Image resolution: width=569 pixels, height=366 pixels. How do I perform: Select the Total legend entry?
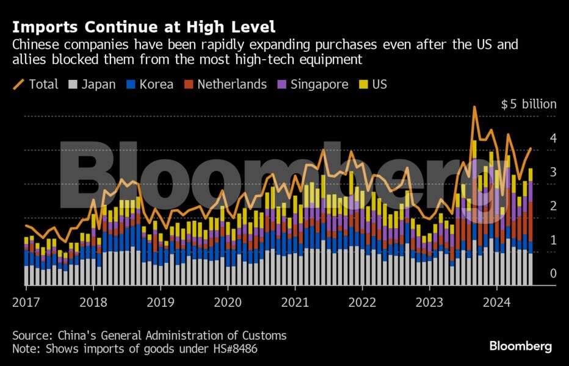coord(36,84)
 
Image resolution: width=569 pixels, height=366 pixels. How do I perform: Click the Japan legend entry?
coord(92,84)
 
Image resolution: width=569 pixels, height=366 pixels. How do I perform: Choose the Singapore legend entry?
coord(311,84)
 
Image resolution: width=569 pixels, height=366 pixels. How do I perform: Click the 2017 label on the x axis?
coord(26,301)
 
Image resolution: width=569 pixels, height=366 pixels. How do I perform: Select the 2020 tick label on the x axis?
coord(228,301)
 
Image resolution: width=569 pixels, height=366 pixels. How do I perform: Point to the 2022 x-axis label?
coord(362,301)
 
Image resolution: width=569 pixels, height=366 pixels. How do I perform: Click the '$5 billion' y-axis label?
coord(529,104)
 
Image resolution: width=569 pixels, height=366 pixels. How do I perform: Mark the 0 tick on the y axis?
coord(553,274)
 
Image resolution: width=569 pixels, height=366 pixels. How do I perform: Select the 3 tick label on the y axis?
coord(553,172)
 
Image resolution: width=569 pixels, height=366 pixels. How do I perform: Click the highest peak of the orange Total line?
coord(474,107)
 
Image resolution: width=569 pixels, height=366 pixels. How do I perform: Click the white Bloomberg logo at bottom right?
coord(520,346)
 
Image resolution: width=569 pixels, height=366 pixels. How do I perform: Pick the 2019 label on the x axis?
coord(160,301)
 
